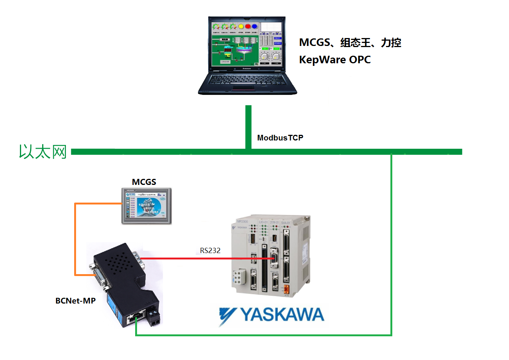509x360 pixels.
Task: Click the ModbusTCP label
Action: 280,138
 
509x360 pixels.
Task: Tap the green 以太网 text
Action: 43,152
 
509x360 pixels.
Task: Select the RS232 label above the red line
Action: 210,250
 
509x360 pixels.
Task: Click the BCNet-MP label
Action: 75,301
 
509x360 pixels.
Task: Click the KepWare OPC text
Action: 335,59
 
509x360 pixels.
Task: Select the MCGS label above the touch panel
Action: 144,182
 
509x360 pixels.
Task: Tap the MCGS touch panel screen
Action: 146,206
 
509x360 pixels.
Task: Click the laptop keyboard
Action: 247,80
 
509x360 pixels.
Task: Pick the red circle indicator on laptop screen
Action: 248,26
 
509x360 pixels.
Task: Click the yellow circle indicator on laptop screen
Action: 241,26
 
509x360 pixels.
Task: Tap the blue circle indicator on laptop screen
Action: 254,26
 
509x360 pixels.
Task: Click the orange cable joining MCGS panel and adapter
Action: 75,237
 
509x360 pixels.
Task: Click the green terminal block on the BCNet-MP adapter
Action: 153,316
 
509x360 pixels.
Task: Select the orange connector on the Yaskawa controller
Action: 286,289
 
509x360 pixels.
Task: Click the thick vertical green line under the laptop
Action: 248,126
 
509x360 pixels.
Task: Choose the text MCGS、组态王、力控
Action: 350,43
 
